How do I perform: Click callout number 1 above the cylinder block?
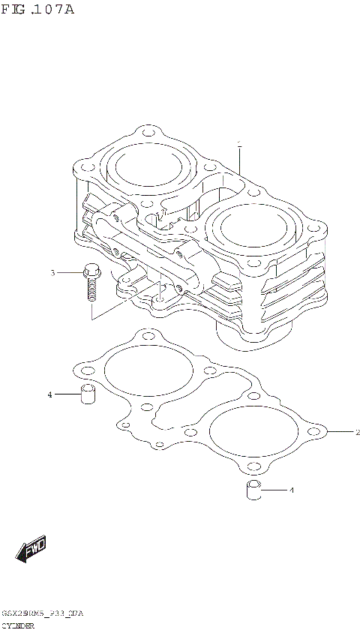click(x=238, y=142)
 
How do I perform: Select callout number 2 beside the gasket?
click(x=357, y=433)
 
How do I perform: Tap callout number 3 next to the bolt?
click(x=52, y=273)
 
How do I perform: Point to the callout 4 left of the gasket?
click(x=49, y=394)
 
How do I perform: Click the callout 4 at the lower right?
click(x=292, y=490)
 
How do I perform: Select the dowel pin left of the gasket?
click(x=88, y=395)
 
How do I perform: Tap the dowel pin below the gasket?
click(x=253, y=491)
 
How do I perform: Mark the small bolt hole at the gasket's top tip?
click(x=146, y=335)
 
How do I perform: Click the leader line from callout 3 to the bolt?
click(x=68, y=273)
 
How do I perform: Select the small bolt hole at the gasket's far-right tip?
click(x=323, y=432)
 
